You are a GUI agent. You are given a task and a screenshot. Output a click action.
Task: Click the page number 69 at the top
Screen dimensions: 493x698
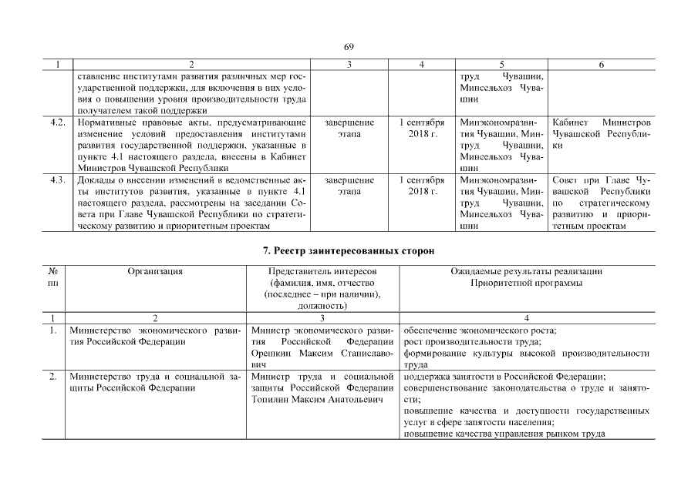click(349, 47)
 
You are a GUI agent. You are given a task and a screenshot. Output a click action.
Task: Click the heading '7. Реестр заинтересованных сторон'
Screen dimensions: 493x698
click(349, 251)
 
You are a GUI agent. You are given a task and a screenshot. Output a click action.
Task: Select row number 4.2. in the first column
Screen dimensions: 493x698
click(56, 122)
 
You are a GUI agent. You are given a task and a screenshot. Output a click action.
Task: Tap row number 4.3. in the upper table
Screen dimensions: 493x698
click(56, 180)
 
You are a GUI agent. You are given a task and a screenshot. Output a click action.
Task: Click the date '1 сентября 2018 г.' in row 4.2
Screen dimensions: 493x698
click(422, 129)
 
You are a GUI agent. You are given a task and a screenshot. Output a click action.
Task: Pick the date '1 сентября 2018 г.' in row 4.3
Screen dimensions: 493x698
click(422, 186)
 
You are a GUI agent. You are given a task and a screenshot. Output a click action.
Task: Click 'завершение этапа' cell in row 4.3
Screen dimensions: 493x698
click(349, 186)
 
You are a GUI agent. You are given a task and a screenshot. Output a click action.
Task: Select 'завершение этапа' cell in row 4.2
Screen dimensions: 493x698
click(349, 129)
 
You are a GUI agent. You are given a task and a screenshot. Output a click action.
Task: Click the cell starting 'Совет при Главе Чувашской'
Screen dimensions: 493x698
click(602, 203)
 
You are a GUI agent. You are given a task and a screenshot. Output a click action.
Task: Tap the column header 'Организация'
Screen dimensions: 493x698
click(155, 272)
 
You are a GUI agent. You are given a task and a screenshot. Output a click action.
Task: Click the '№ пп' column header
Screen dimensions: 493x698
click(53, 277)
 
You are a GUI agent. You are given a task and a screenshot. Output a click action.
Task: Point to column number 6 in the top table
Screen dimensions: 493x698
click(601, 65)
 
